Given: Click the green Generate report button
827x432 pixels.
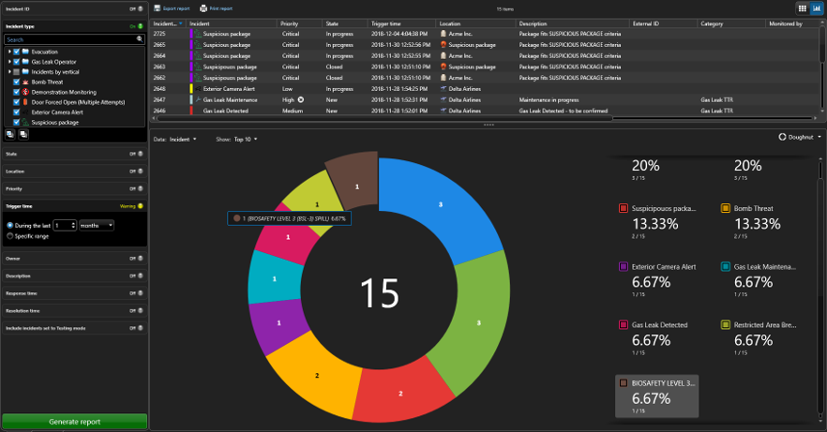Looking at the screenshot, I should pyautogui.click(x=74, y=422).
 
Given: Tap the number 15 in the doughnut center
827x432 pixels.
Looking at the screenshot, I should pyautogui.click(x=380, y=293).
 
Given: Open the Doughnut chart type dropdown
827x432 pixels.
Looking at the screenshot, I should pyautogui.click(x=800, y=136).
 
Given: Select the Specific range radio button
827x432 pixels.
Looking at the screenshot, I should pyautogui.click(x=9, y=235).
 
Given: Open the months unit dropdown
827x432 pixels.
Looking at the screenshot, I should pyautogui.click(x=97, y=225).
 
